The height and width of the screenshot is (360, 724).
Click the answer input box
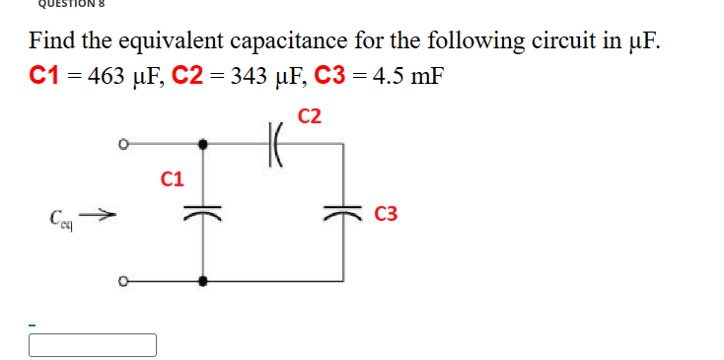point(93,344)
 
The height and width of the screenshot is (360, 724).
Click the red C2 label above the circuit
point(309,116)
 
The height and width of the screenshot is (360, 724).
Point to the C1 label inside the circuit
point(173,180)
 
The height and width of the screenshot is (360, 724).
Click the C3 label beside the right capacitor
point(387,215)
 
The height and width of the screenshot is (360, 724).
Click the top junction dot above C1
point(203,144)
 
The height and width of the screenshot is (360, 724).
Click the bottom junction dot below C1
point(203,281)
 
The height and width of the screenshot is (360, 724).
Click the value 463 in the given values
point(105,77)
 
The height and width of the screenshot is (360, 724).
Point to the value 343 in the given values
point(247,77)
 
